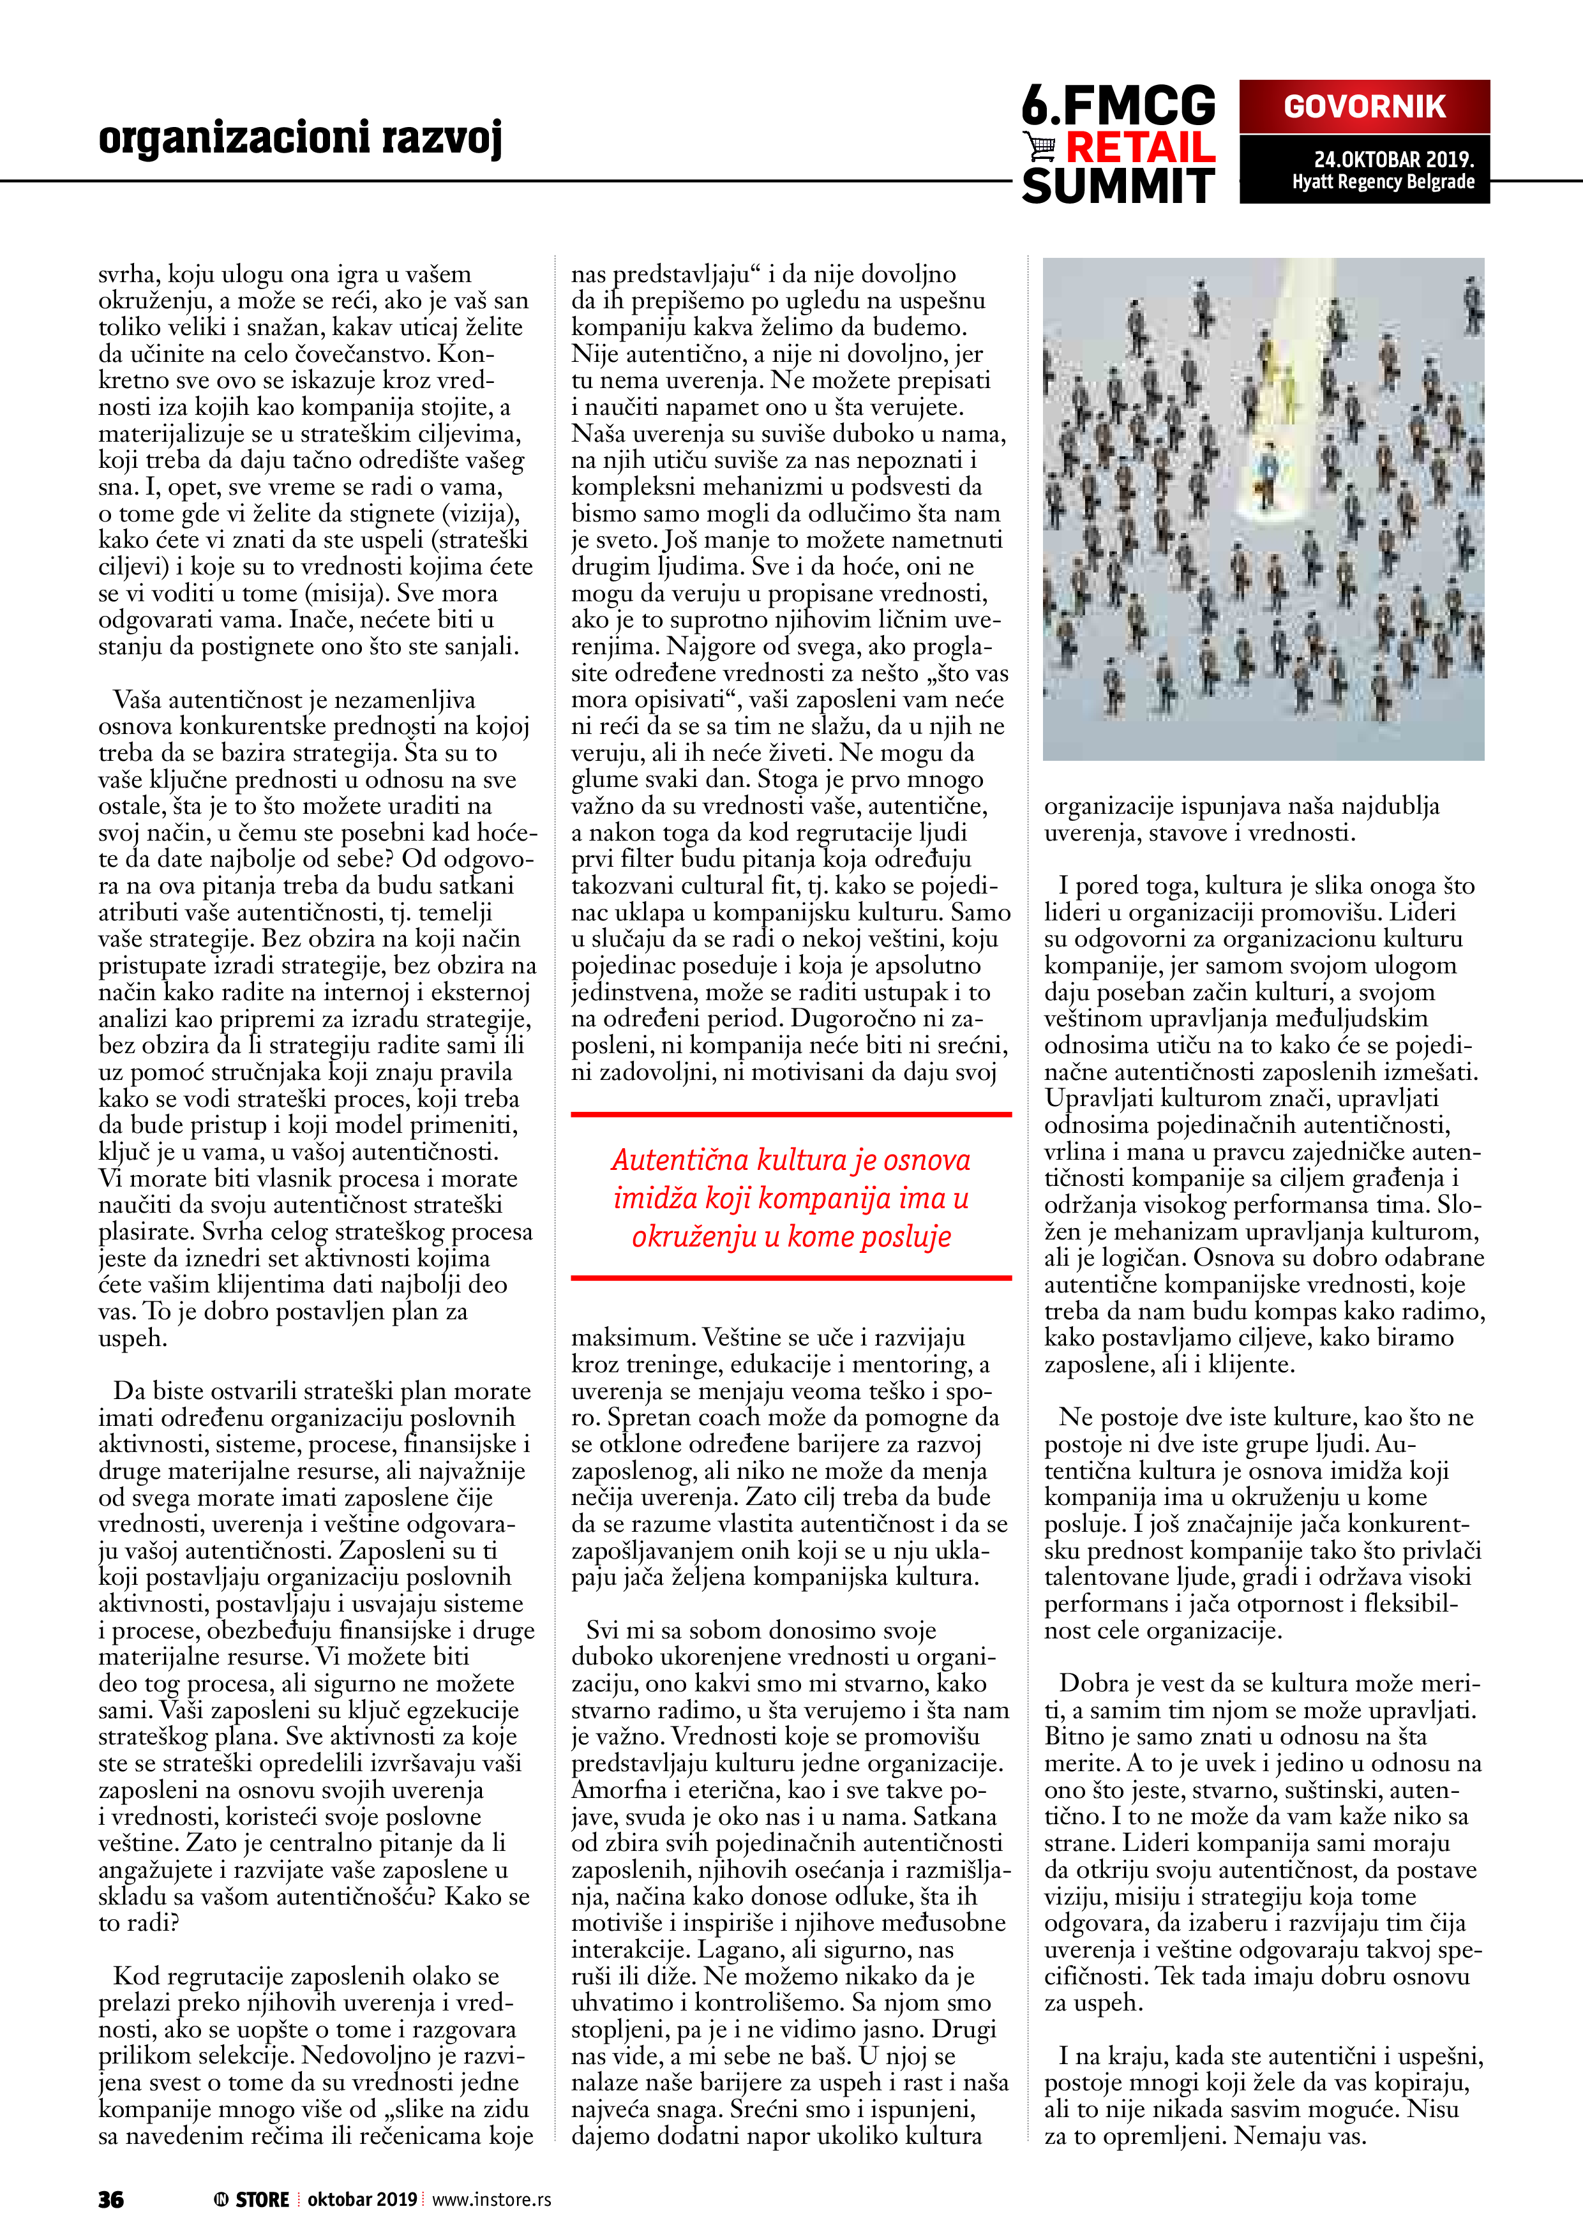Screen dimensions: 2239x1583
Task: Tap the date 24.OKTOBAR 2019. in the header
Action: pos(1393,159)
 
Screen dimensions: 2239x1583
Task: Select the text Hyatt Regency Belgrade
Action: pos(1383,183)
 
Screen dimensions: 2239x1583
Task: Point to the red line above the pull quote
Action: pos(791,1114)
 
